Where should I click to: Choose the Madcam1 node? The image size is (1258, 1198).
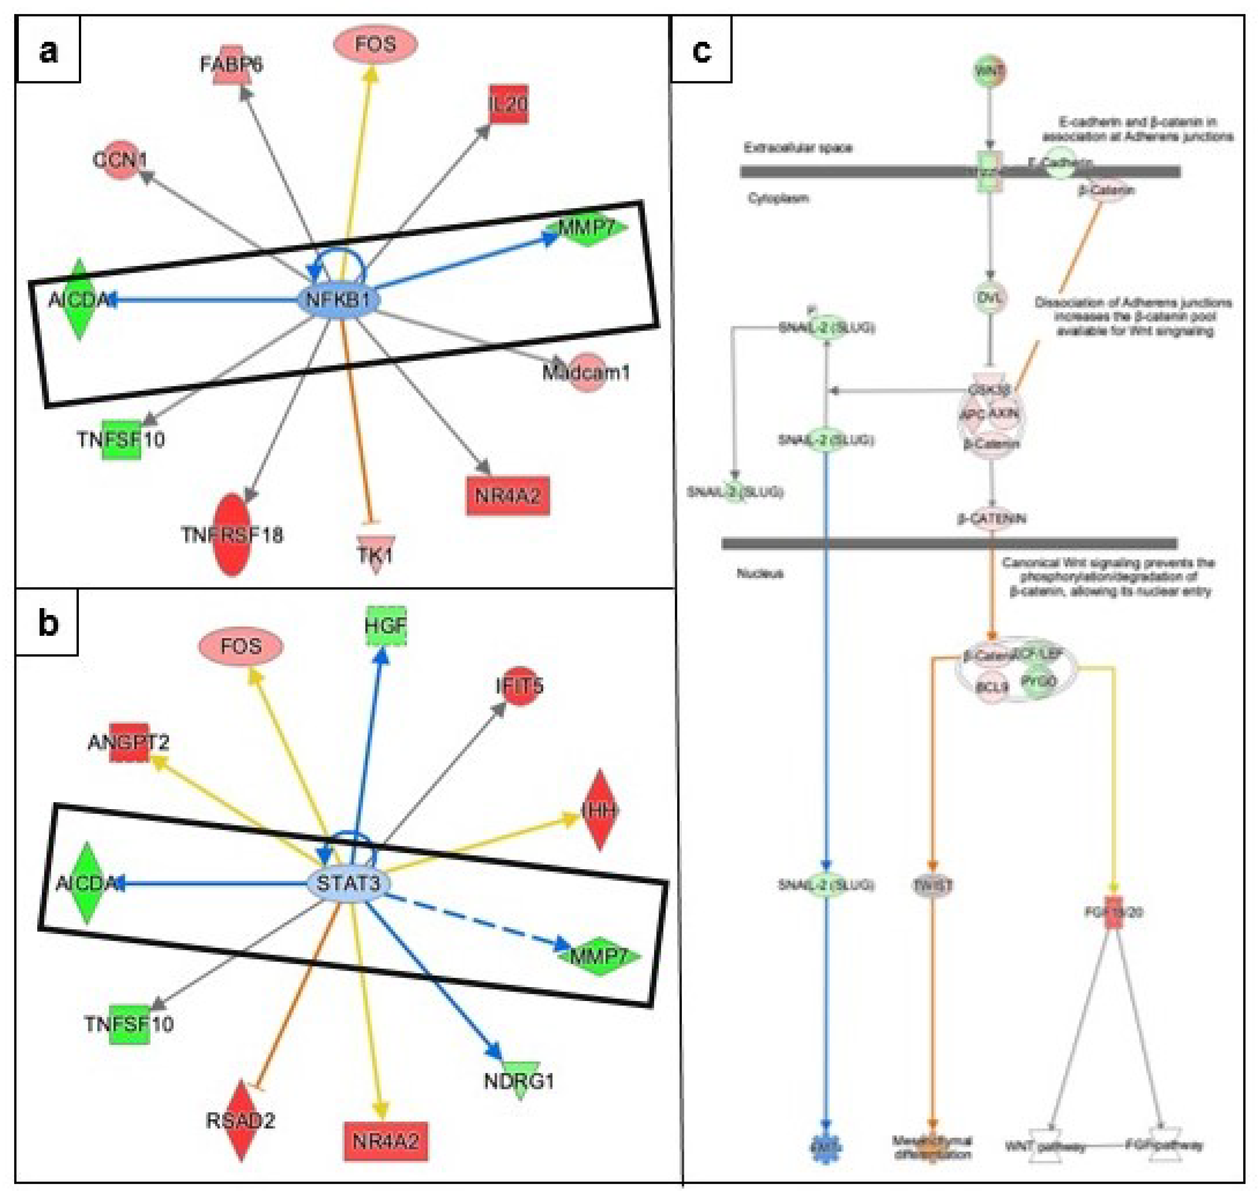coord(586,372)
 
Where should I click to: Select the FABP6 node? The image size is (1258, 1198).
coord(231,64)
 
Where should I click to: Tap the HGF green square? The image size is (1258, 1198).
coord(386,625)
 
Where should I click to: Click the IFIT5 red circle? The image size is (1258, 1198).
coord(519,687)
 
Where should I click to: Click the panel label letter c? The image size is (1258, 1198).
coord(701,50)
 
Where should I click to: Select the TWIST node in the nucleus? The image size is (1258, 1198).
coord(932,885)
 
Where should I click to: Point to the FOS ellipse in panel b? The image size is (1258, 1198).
coord(241,646)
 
